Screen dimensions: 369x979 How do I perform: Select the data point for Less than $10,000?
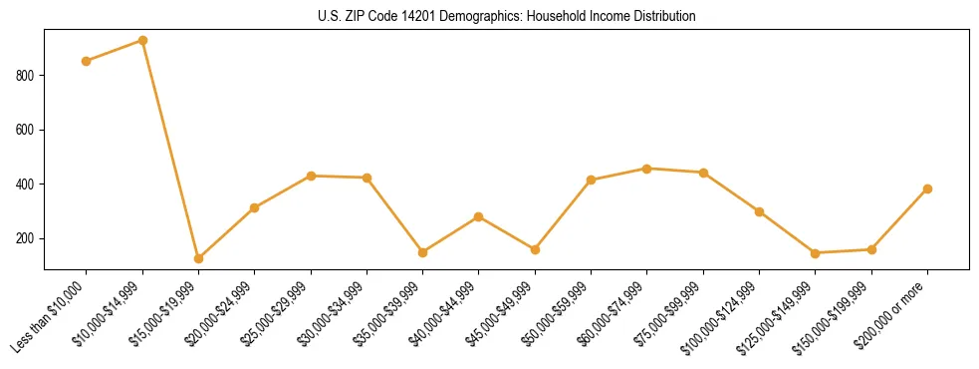87,61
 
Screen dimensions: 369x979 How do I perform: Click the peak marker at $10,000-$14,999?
142,41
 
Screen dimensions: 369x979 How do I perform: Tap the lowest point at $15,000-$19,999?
198,258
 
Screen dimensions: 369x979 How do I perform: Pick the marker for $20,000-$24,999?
255,207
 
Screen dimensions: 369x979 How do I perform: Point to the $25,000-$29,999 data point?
311,176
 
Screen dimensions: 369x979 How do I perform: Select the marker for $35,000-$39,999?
423,252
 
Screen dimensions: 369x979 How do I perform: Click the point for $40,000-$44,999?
479,216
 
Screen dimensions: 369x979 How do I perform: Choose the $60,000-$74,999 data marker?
647,169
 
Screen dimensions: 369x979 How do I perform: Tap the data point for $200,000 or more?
927,188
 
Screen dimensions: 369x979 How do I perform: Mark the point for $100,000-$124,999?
759,211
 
